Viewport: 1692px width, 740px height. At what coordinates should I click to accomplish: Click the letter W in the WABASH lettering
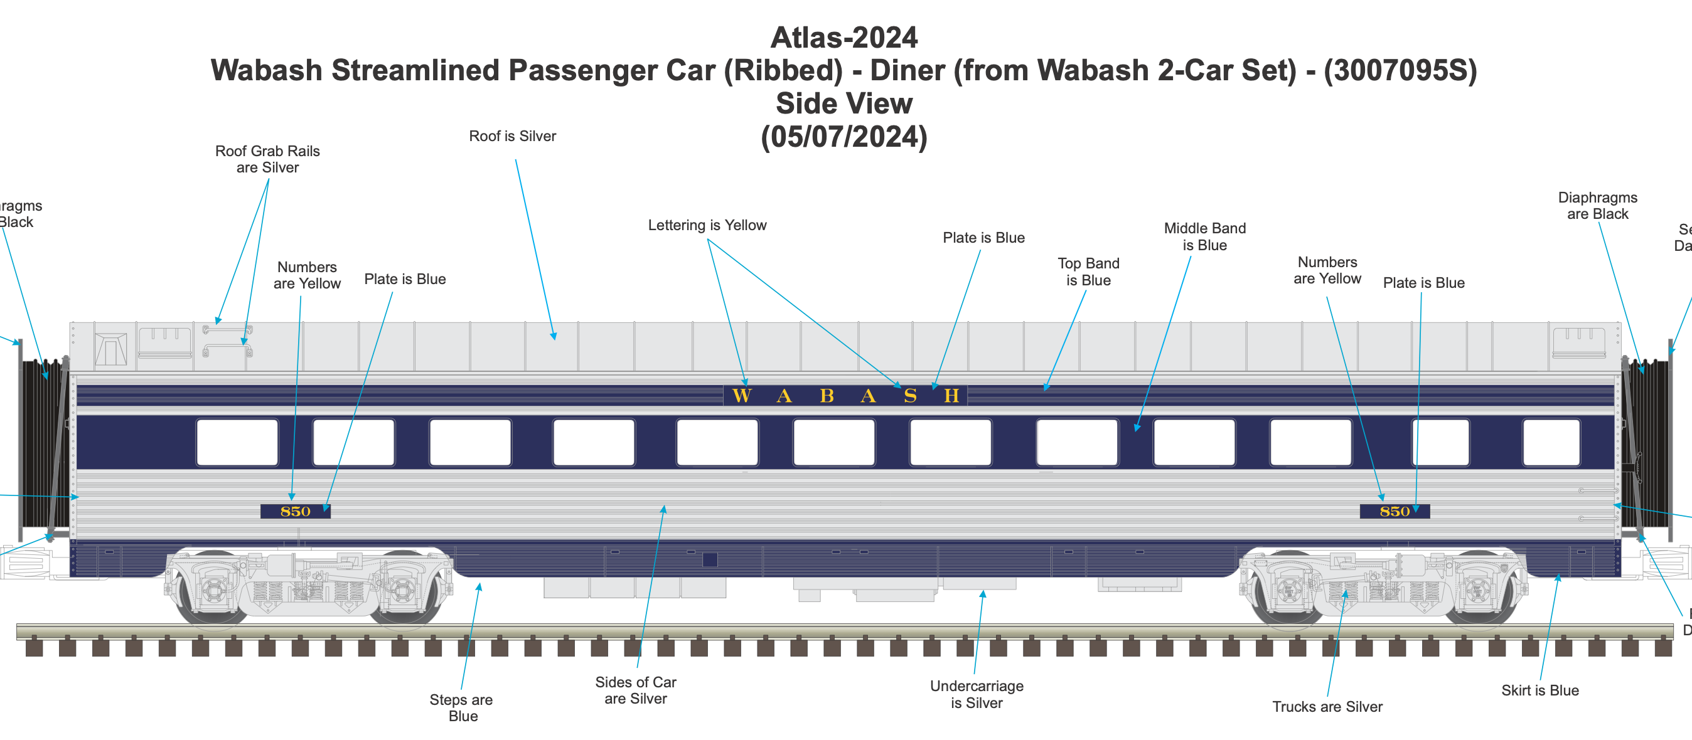[x=742, y=396]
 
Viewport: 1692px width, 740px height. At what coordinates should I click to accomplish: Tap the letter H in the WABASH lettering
[x=951, y=396]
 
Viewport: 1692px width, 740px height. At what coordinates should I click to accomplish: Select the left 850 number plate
[x=296, y=512]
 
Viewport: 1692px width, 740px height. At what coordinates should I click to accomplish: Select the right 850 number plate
[x=1395, y=512]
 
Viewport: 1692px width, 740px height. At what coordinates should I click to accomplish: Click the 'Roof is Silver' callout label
[x=512, y=137]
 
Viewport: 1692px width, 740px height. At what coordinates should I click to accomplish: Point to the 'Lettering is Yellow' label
[x=707, y=226]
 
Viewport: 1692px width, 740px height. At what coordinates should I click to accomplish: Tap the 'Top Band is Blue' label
[x=1088, y=272]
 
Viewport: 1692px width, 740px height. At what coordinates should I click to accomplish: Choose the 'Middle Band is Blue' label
[x=1204, y=237]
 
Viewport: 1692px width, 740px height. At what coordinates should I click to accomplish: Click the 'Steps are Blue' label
[x=462, y=708]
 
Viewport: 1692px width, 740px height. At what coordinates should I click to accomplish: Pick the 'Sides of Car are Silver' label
[x=636, y=690]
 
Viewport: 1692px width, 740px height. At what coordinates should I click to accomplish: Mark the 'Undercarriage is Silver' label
[x=977, y=695]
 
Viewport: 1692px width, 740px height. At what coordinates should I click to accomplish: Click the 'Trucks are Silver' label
[x=1327, y=707]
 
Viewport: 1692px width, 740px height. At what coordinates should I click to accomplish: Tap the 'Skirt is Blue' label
[x=1539, y=690]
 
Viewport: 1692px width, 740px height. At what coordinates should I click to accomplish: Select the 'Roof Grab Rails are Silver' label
[x=267, y=159]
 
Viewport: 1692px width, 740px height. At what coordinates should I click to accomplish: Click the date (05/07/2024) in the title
[x=844, y=137]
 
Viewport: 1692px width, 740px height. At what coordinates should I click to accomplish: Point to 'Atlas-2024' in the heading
[x=844, y=38]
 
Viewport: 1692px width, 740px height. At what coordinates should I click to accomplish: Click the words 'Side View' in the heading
[x=844, y=103]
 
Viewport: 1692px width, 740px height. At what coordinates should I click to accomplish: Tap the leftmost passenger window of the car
[x=237, y=443]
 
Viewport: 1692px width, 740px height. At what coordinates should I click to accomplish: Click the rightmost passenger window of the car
[x=1551, y=443]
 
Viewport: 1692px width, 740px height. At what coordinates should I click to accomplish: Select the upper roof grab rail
[x=227, y=329]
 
